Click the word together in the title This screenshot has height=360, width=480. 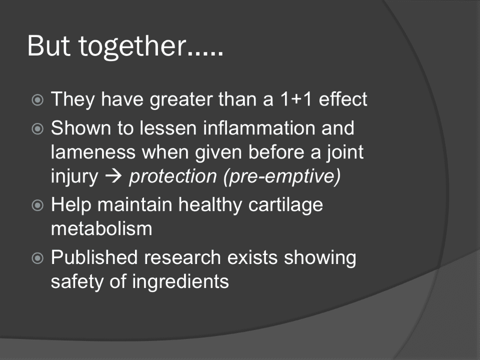click(132, 46)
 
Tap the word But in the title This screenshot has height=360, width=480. click(49, 45)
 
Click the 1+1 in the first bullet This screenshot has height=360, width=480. click(296, 99)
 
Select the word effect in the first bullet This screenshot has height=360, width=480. click(343, 99)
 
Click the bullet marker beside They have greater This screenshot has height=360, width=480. click(37, 100)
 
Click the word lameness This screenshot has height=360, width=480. click(93, 152)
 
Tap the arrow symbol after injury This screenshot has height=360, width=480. click(113, 176)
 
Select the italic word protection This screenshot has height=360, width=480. click(173, 176)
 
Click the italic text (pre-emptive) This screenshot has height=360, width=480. click(282, 176)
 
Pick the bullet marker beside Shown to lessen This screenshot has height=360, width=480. click(37, 128)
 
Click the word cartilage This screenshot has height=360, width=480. click(285, 204)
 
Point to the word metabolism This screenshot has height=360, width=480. click(101, 228)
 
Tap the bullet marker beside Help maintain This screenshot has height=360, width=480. click(37, 205)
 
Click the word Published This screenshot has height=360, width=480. click(94, 257)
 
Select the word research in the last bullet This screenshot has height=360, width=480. click(182, 257)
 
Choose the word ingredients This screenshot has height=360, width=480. click(180, 281)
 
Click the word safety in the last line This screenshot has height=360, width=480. click(77, 281)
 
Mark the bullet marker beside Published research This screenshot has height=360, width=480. click(37, 258)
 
